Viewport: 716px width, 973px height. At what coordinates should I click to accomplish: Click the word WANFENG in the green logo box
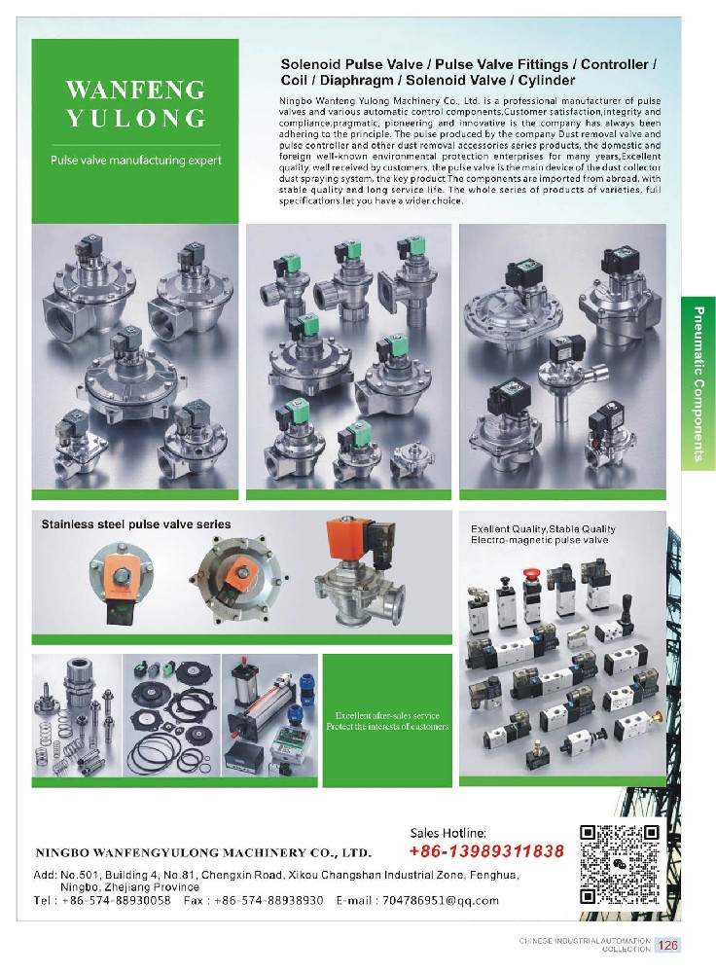135,90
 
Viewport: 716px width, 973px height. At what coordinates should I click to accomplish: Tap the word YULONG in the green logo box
136,119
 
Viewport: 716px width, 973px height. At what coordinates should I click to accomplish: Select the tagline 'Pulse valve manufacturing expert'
136,161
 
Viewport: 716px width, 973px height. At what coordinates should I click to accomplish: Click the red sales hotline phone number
486,850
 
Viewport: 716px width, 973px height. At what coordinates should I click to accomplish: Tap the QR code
620,864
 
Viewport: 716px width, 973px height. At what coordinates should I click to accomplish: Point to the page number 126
667,945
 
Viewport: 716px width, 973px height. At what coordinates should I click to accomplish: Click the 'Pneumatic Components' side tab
698,383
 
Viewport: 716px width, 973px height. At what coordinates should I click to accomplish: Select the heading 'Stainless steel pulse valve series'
136,524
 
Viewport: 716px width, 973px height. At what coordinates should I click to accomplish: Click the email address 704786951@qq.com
441,900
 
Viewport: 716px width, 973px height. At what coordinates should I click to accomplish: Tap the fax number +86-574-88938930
268,900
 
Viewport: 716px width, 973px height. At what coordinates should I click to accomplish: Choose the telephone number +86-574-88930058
116,900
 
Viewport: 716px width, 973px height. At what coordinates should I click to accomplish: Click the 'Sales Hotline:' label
447,834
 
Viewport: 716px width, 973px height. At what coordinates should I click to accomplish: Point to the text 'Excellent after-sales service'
387,715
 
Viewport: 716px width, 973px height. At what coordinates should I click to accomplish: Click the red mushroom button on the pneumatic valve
530,573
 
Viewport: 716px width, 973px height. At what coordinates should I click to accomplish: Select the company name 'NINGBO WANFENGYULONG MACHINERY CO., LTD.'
203,852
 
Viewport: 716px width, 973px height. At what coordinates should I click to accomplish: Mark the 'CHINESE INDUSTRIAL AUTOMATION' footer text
585,941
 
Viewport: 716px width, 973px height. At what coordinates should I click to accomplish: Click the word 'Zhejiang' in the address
129,886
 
